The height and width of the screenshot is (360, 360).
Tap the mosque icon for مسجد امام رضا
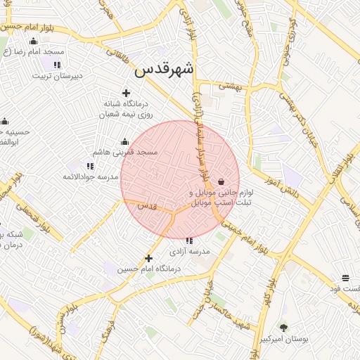click(33, 41)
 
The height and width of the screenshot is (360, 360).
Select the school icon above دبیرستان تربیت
click(57, 65)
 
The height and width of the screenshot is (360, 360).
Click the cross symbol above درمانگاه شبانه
click(126, 93)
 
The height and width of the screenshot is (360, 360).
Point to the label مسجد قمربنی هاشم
click(126, 152)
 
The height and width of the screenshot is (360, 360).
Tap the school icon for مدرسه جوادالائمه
click(90, 166)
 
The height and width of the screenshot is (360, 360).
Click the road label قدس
click(146, 205)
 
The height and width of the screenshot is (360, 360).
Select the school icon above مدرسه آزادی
click(188, 240)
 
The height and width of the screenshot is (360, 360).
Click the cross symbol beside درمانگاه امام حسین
click(148, 258)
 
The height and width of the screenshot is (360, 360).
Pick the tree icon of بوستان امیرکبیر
click(283, 327)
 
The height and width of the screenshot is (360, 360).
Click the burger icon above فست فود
click(345, 278)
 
